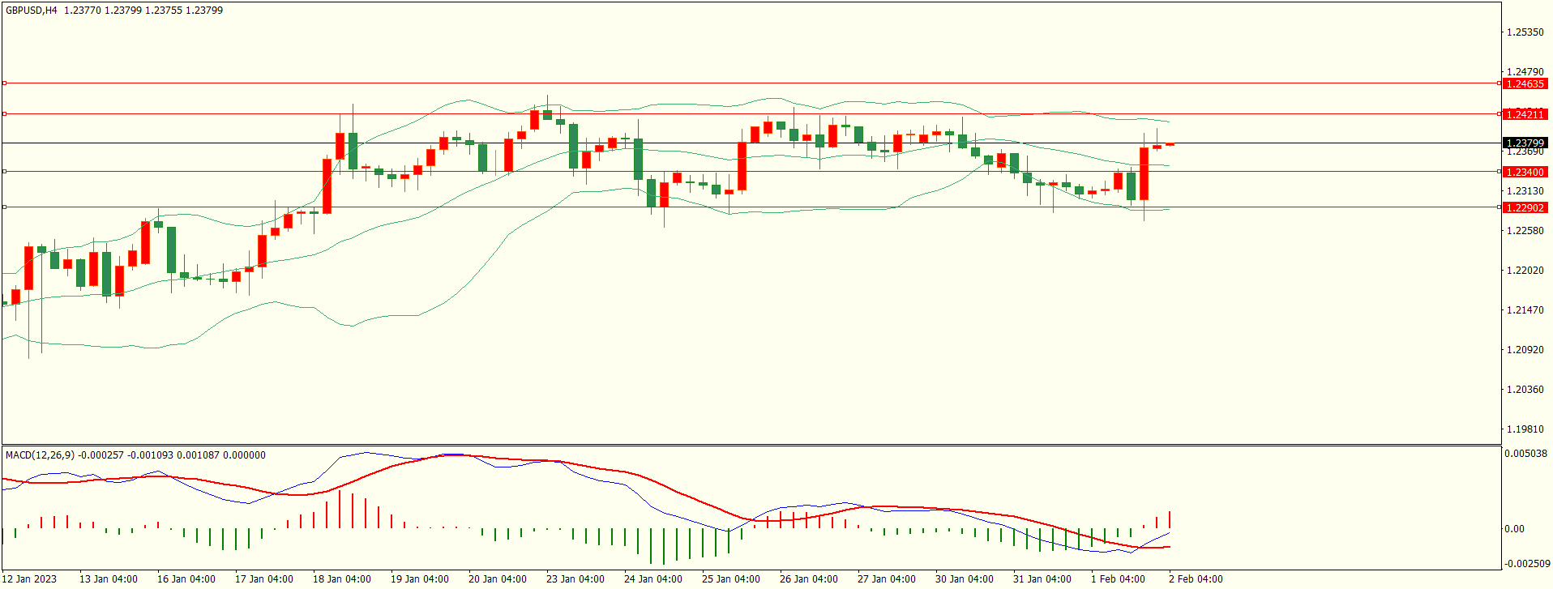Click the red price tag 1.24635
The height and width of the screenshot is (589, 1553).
(x=1524, y=84)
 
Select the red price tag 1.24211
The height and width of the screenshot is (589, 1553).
(x=1524, y=115)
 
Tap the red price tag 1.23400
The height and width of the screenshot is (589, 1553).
(x=1524, y=173)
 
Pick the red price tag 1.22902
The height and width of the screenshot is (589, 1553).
(x=1524, y=208)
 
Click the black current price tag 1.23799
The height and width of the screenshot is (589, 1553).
(x=1524, y=143)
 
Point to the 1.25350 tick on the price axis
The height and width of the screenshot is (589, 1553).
(x=1525, y=32)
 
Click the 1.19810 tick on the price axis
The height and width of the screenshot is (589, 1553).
(x=1525, y=429)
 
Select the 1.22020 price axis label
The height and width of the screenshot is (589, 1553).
(x=1525, y=271)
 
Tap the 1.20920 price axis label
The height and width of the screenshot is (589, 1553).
(x=1525, y=350)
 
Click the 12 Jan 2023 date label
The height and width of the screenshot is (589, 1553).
(x=31, y=579)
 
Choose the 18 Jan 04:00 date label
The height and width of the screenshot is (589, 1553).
(x=342, y=579)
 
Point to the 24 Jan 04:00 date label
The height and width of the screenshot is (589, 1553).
(x=653, y=579)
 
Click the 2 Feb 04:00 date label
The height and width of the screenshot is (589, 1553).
(x=1196, y=579)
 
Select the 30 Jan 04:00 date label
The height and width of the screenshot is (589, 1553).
(x=965, y=579)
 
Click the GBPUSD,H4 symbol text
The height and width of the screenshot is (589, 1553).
(x=32, y=11)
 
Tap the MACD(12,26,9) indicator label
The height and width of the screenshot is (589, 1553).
(x=40, y=455)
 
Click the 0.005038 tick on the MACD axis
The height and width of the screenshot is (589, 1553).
(x=1525, y=454)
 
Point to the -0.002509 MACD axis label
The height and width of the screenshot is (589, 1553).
(x=1527, y=564)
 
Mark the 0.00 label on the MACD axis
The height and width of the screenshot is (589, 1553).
(x=1514, y=529)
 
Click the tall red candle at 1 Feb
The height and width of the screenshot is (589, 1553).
(x=1144, y=173)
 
